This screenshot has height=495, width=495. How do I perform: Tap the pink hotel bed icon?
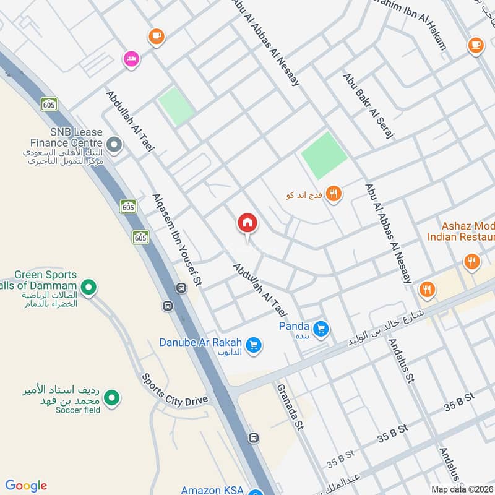pos(132,59)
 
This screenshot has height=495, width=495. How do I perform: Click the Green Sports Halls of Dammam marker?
pos(89,287)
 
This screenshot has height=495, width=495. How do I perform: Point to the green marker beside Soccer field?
pos(111,398)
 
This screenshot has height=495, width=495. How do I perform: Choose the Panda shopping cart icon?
pos(320,329)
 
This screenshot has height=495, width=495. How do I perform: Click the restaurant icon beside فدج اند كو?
pos(334,194)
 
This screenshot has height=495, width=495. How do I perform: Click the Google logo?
pos(26,486)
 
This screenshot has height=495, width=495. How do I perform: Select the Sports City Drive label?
pos(174,390)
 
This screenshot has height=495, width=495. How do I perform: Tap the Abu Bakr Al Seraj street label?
pos(369,106)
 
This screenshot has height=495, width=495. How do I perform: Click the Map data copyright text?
pos(462,489)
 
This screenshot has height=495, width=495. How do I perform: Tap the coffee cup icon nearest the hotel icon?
pos(156,37)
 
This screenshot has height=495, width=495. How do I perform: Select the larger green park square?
pos(324,155)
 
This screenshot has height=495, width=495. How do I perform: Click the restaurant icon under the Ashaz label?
pos(473,262)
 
